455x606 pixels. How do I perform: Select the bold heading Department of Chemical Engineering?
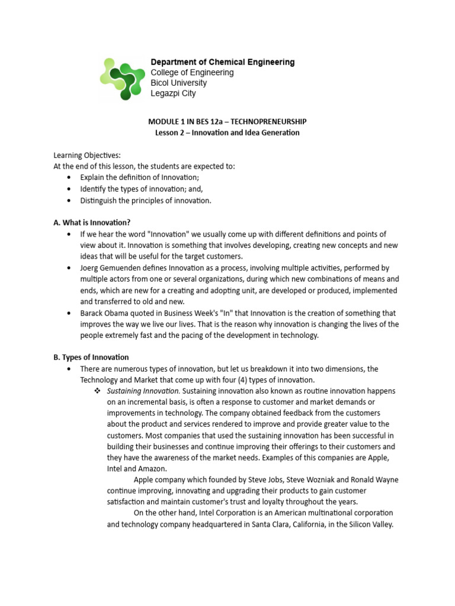click(222, 62)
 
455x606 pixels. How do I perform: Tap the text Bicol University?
click(179, 83)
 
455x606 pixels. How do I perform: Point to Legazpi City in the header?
click(173, 94)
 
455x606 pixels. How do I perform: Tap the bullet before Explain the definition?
click(69, 178)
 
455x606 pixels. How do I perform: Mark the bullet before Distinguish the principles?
click(69, 201)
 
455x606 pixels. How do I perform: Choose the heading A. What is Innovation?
click(92, 223)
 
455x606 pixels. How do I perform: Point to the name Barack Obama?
click(107, 313)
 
